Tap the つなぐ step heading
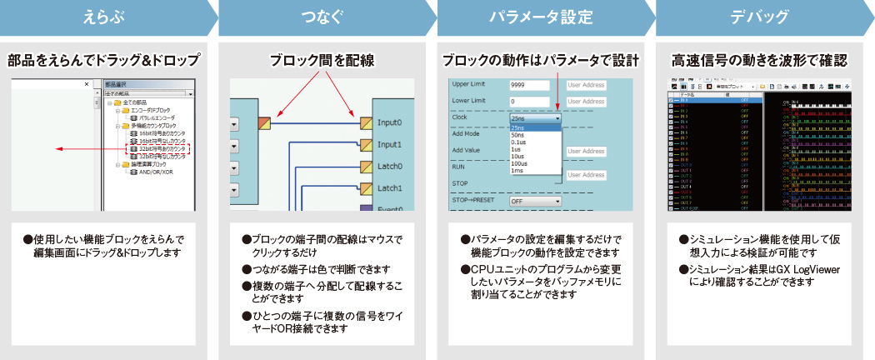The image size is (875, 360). [x=322, y=17]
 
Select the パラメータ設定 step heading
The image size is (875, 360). [x=540, y=17]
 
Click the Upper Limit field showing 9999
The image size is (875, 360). [x=528, y=85]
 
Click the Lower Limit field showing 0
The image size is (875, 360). [x=528, y=102]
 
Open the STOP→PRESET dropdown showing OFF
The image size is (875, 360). [x=536, y=201]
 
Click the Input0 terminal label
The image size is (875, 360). [x=389, y=122]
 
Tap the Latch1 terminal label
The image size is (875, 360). [x=389, y=188]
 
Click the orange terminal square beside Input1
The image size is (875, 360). [x=367, y=144]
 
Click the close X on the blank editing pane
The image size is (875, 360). [x=87, y=84]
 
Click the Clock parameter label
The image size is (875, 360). [x=460, y=118]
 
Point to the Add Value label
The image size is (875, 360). [x=466, y=150]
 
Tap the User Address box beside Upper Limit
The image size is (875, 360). [x=586, y=85]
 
